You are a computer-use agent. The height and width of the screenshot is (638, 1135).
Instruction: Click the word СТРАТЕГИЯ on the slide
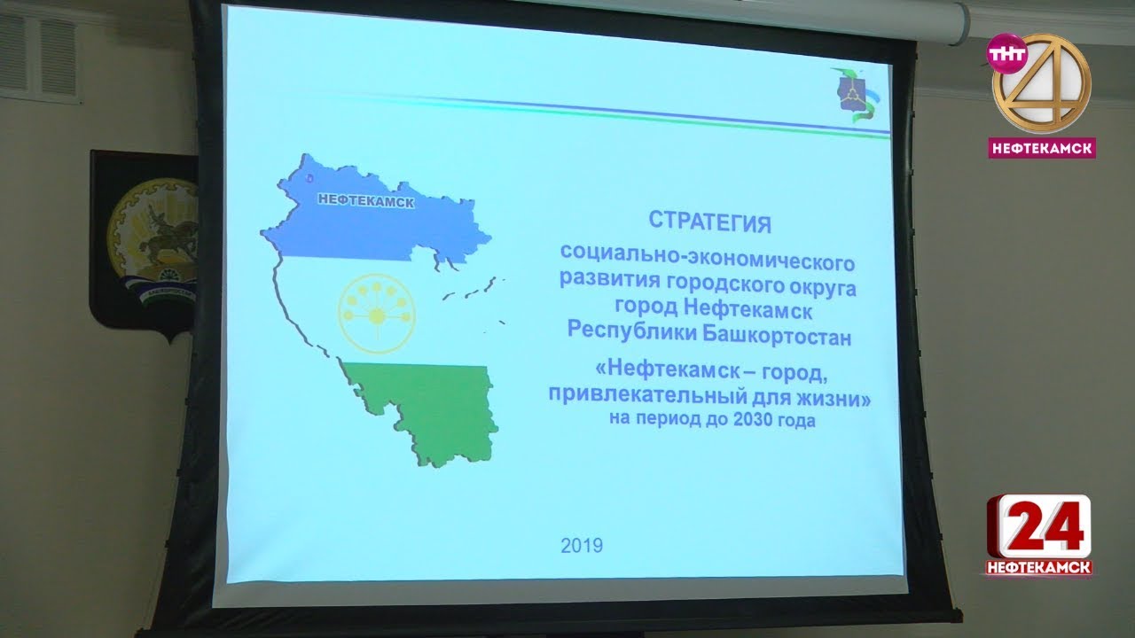tap(710, 222)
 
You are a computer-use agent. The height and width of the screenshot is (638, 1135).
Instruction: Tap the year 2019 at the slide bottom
tap(582, 545)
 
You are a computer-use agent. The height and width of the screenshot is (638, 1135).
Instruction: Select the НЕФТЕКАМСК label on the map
tap(366, 200)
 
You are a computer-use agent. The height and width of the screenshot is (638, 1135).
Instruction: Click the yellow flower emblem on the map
tap(377, 315)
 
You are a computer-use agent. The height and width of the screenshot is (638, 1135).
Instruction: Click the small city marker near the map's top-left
tap(309, 178)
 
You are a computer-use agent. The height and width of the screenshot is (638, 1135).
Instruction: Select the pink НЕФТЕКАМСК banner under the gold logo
tap(1042, 148)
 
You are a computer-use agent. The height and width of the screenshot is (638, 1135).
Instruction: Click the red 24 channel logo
tap(1038, 526)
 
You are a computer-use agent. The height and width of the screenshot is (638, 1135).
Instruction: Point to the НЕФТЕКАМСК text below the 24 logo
tap(1039, 568)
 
